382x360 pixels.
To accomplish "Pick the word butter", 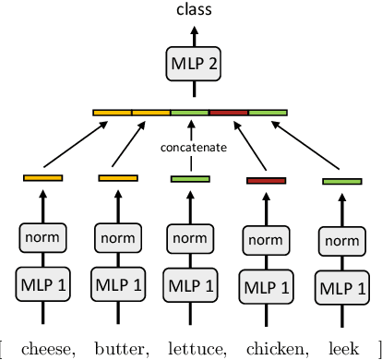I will click(x=118, y=347).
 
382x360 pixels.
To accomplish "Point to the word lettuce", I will click(x=192, y=347).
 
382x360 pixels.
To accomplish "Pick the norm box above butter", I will click(x=117, y=237).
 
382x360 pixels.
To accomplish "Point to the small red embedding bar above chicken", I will click(x=267, y=180).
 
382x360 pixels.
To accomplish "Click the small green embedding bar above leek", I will click(x=341, y=182).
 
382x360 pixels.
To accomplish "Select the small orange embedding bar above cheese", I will click(x=42, y=177).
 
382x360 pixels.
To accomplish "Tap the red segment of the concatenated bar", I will click(x=229, y=113).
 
